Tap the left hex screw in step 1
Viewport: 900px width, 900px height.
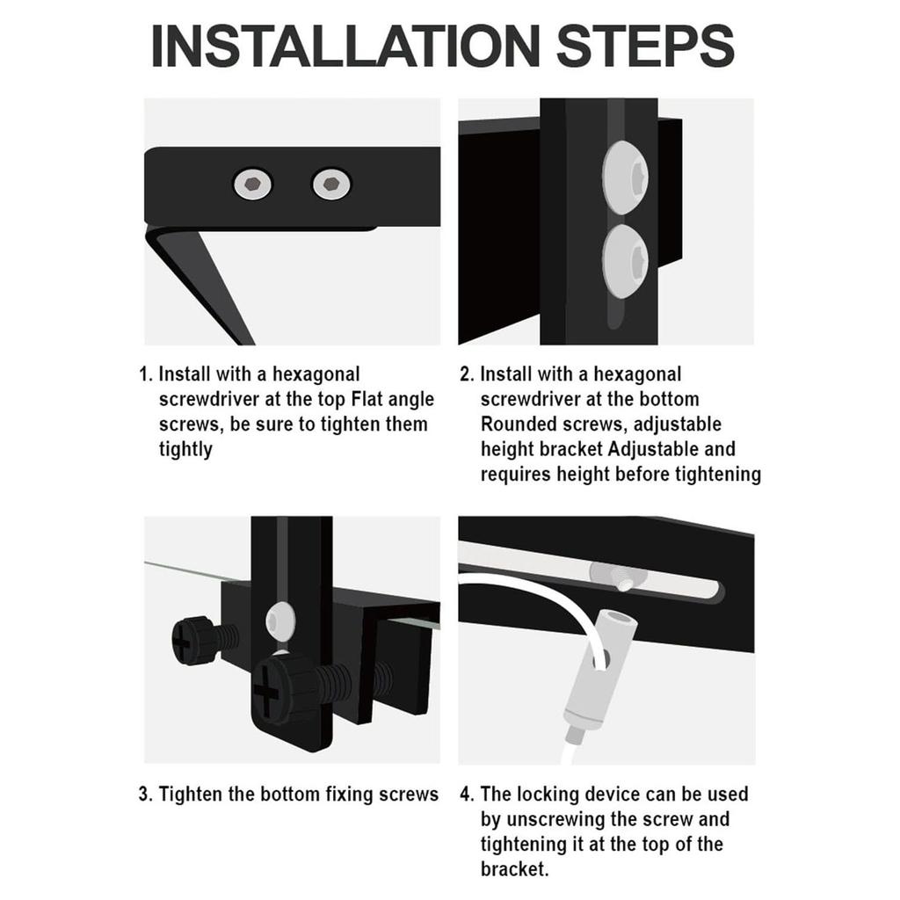pos(252,185)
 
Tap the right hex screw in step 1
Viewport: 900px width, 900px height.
pos(331,185)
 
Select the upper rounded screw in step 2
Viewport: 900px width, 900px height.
pos(625,178)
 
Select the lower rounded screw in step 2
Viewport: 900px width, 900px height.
pos(625,261)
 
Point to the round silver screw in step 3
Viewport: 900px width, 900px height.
pos(280,621)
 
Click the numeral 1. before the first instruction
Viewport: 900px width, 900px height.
pos(146,374)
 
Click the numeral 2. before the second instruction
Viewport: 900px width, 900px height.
pos(467,374)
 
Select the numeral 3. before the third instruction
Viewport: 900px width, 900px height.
pos(146,795)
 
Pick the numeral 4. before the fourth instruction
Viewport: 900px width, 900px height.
pos(467,795)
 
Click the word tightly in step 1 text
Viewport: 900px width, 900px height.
pos(185,449)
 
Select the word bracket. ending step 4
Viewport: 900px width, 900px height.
pos(515,869)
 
